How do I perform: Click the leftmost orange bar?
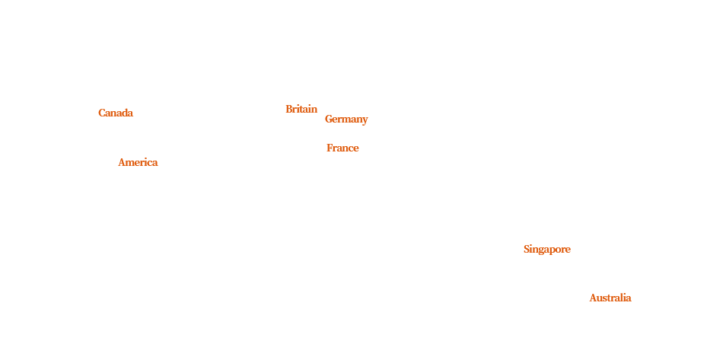(x=116, y=113)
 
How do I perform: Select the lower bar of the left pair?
(x=138, y=161)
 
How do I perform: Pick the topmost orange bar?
(x=301, y=108)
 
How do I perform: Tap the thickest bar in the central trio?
(x=346, y=120)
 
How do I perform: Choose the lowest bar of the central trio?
(x=342, y=148)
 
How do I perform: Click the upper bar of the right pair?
(x=547, y=250)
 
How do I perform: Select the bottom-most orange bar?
(x=610, y=297)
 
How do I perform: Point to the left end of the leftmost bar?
(x=100, y=113)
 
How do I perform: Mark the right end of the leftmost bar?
(x=132, y=113)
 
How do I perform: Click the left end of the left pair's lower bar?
(x=119, y=161)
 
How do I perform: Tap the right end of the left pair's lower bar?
(x=157, y=161)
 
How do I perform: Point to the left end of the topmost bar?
(x=287, y=108)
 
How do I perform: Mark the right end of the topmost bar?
(x=316, y=108)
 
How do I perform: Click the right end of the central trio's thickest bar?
(x=367, y=120)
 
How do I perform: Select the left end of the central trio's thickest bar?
(x=326, y=120)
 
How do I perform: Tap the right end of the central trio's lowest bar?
(x=358, y=148)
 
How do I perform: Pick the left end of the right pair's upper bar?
(x=525, y=250)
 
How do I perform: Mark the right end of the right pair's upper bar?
(x=569, y=250)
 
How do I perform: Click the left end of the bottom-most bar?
(x=591, y=297)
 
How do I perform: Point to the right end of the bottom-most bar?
(x=630, y=297)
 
